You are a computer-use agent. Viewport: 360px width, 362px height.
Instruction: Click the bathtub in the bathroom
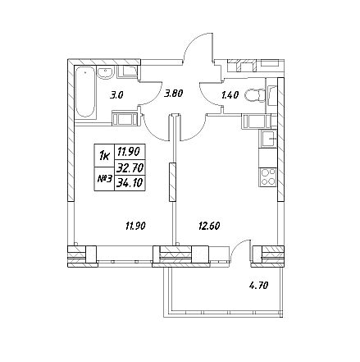pos(85,92)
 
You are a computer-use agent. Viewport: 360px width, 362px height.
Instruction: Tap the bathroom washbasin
pos(105,72)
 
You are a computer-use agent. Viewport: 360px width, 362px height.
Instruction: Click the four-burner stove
pos(267,177)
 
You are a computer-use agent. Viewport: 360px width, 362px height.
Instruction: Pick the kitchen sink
pos(269,139)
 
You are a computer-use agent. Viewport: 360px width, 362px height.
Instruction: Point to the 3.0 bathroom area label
pos(116,95)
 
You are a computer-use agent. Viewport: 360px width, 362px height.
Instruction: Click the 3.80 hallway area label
pos(173,94)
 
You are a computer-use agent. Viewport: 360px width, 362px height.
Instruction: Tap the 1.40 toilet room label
pos(230,95)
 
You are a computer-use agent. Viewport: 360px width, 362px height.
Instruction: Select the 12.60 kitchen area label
pos(209,227)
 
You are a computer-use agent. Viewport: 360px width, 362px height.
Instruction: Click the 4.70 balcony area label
pos(258,286)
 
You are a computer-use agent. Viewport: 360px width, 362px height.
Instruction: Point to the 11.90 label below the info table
pos(135,227)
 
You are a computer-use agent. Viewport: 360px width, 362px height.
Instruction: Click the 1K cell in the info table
pos(104,156)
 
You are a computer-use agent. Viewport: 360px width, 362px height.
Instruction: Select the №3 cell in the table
pos(104,179)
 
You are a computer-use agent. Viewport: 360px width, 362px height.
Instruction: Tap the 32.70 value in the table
pos(130,167)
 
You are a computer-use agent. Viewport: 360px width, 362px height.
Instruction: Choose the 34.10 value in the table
pos(130,182)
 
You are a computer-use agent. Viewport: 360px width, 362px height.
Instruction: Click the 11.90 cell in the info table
pos(129,151)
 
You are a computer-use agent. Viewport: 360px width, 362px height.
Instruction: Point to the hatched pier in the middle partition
pos(172,182)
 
